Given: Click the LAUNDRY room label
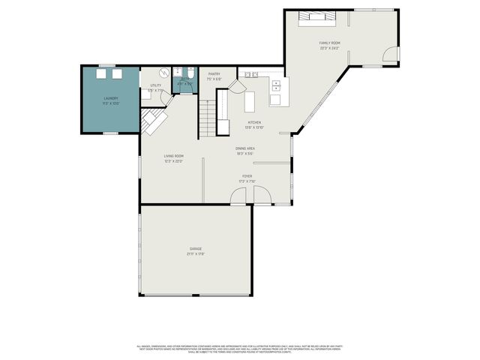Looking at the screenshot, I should pyautogui.click(x=110, y=98).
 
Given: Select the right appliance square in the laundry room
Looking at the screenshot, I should pyautogui.click(x=118, y=73).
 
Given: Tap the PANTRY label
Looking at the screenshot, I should pyautogui.click(x=214, y=74).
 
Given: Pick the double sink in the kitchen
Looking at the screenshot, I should pyautogui.click(x=250, y=75).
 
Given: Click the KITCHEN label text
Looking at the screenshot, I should pyautogui.click(x=255, y=121).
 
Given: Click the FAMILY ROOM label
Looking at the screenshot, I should pyautogui.click(x=330, y=43).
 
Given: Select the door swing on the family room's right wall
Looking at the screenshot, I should pyautogui.click(x=389, y=53).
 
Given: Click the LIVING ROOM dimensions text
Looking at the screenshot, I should pyautogui.click(x=174, y=161).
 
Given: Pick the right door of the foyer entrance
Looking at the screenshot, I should pyautogui.click(x=262, y=196).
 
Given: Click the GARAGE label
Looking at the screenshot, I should pyautogui.click(x=196, y=249).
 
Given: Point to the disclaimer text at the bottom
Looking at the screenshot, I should pyautogui.click(x=240, y=349).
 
